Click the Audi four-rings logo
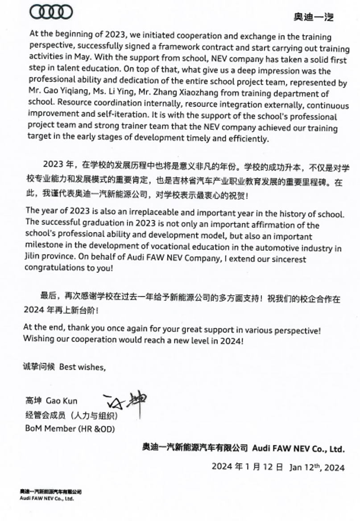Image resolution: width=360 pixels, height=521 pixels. [51, 12]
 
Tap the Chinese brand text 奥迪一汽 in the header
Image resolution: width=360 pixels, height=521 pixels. [313, 17]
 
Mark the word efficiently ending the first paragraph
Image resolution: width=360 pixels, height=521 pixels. [247, 139]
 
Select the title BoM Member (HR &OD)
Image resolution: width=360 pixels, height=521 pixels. [70, 429]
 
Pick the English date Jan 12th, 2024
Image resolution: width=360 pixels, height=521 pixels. [317, 467]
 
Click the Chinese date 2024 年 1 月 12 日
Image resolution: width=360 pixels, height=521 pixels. [247, 467]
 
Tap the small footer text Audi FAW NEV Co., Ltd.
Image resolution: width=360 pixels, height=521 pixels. [46, 498]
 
